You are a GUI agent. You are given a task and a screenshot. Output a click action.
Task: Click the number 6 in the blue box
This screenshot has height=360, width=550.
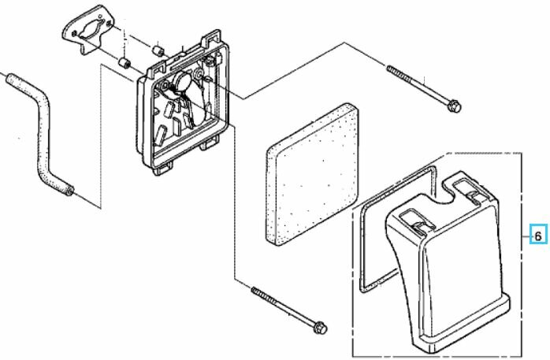(x=538, y=236)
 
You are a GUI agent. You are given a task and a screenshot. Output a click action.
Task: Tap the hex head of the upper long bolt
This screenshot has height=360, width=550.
(x=454, y=105)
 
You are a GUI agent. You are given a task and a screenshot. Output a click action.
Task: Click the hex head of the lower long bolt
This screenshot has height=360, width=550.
(x=320, y=328)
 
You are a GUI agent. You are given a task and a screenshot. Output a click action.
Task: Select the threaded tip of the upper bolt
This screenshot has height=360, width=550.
(x=390, y=68)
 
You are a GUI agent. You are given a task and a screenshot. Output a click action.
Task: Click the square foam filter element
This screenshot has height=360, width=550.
(x=313, y=174)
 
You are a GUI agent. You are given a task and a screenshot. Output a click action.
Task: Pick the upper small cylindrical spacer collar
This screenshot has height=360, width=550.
(x=159, y=50)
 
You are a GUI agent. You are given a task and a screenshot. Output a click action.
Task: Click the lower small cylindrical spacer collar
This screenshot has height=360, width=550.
(x=124, y=64)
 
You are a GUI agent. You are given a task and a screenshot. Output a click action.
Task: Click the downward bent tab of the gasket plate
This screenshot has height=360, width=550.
(x=85, y=48)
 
